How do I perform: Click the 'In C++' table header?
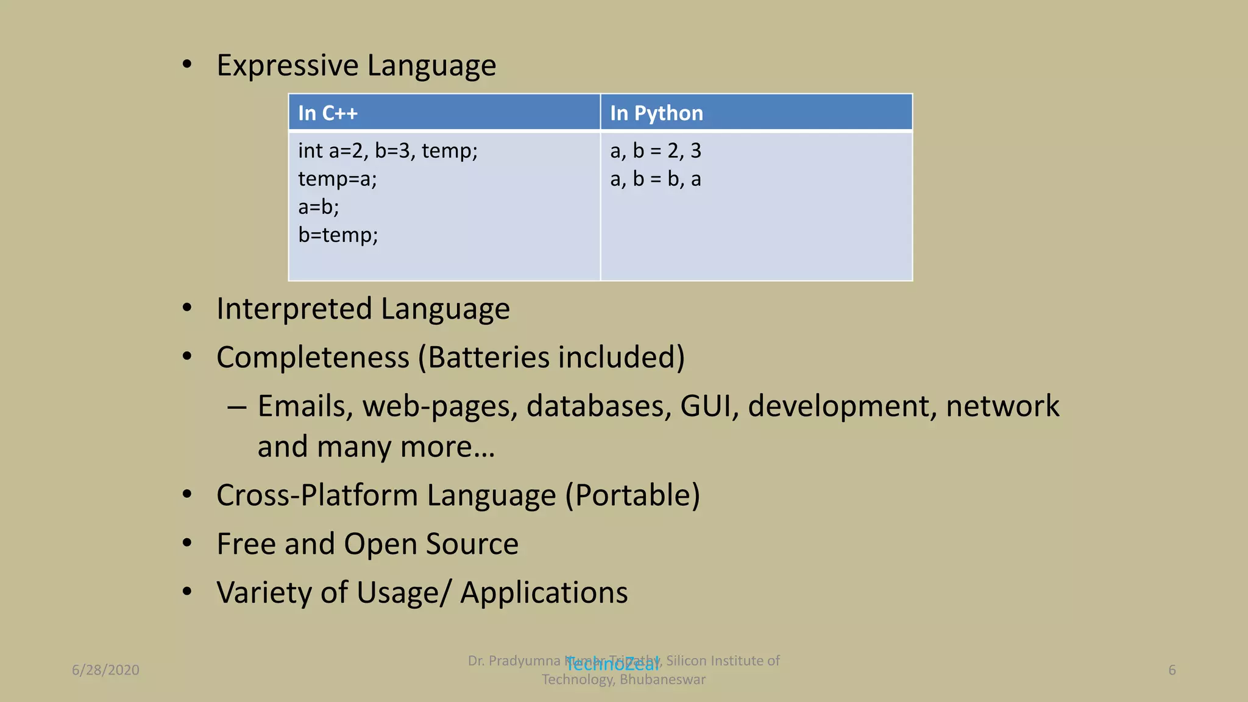tap(328, 113)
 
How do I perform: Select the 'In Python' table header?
tap(656, 113)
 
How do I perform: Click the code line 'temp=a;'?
tap(338, 179)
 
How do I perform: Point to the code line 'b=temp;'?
tap(338, 235)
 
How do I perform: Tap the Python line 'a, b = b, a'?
tap(656, 179)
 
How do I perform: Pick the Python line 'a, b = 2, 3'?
tap(656, 151)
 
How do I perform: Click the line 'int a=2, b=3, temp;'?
tap(388, 151)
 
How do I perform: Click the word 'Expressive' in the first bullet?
tap(288, 66)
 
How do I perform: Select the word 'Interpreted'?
tap(294, 309)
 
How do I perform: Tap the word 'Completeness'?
tap(313, 358)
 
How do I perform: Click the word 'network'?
tap(1002, 406)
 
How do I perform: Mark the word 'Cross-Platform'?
tap(317, 495)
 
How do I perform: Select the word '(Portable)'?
tap(633, 495)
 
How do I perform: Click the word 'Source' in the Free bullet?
tap(472, 544)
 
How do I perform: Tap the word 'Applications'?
tap(544, 593)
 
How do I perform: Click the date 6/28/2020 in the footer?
tap(105, 670)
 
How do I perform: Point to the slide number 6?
tap(1172, 670)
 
